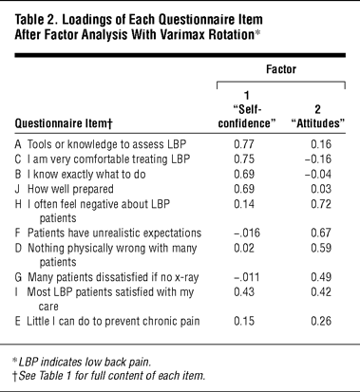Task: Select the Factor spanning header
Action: pos(281,69)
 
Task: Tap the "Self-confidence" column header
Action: pos(247,109)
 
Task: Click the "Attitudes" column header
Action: pos(317,116)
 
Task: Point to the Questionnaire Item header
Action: pos(64,123)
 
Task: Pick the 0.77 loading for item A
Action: pos(244,144)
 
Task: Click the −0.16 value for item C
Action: pos(318,159)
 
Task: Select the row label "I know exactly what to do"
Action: pos(86,175)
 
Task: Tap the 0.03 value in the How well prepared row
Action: pos(321,189)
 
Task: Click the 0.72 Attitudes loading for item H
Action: pos(321,204)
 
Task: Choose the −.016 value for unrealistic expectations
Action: pos(247,233)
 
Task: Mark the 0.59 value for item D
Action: pos(321,248)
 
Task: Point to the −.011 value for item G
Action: pos(246,277)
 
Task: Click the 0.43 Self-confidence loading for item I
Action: pos(244,291)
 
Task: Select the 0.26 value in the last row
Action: pos(321,321)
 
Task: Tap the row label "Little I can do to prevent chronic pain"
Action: pos(113,321)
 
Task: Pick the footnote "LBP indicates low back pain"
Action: pos(82,362)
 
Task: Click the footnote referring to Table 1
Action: pos(109,376)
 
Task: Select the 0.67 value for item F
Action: pos(321,233)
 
